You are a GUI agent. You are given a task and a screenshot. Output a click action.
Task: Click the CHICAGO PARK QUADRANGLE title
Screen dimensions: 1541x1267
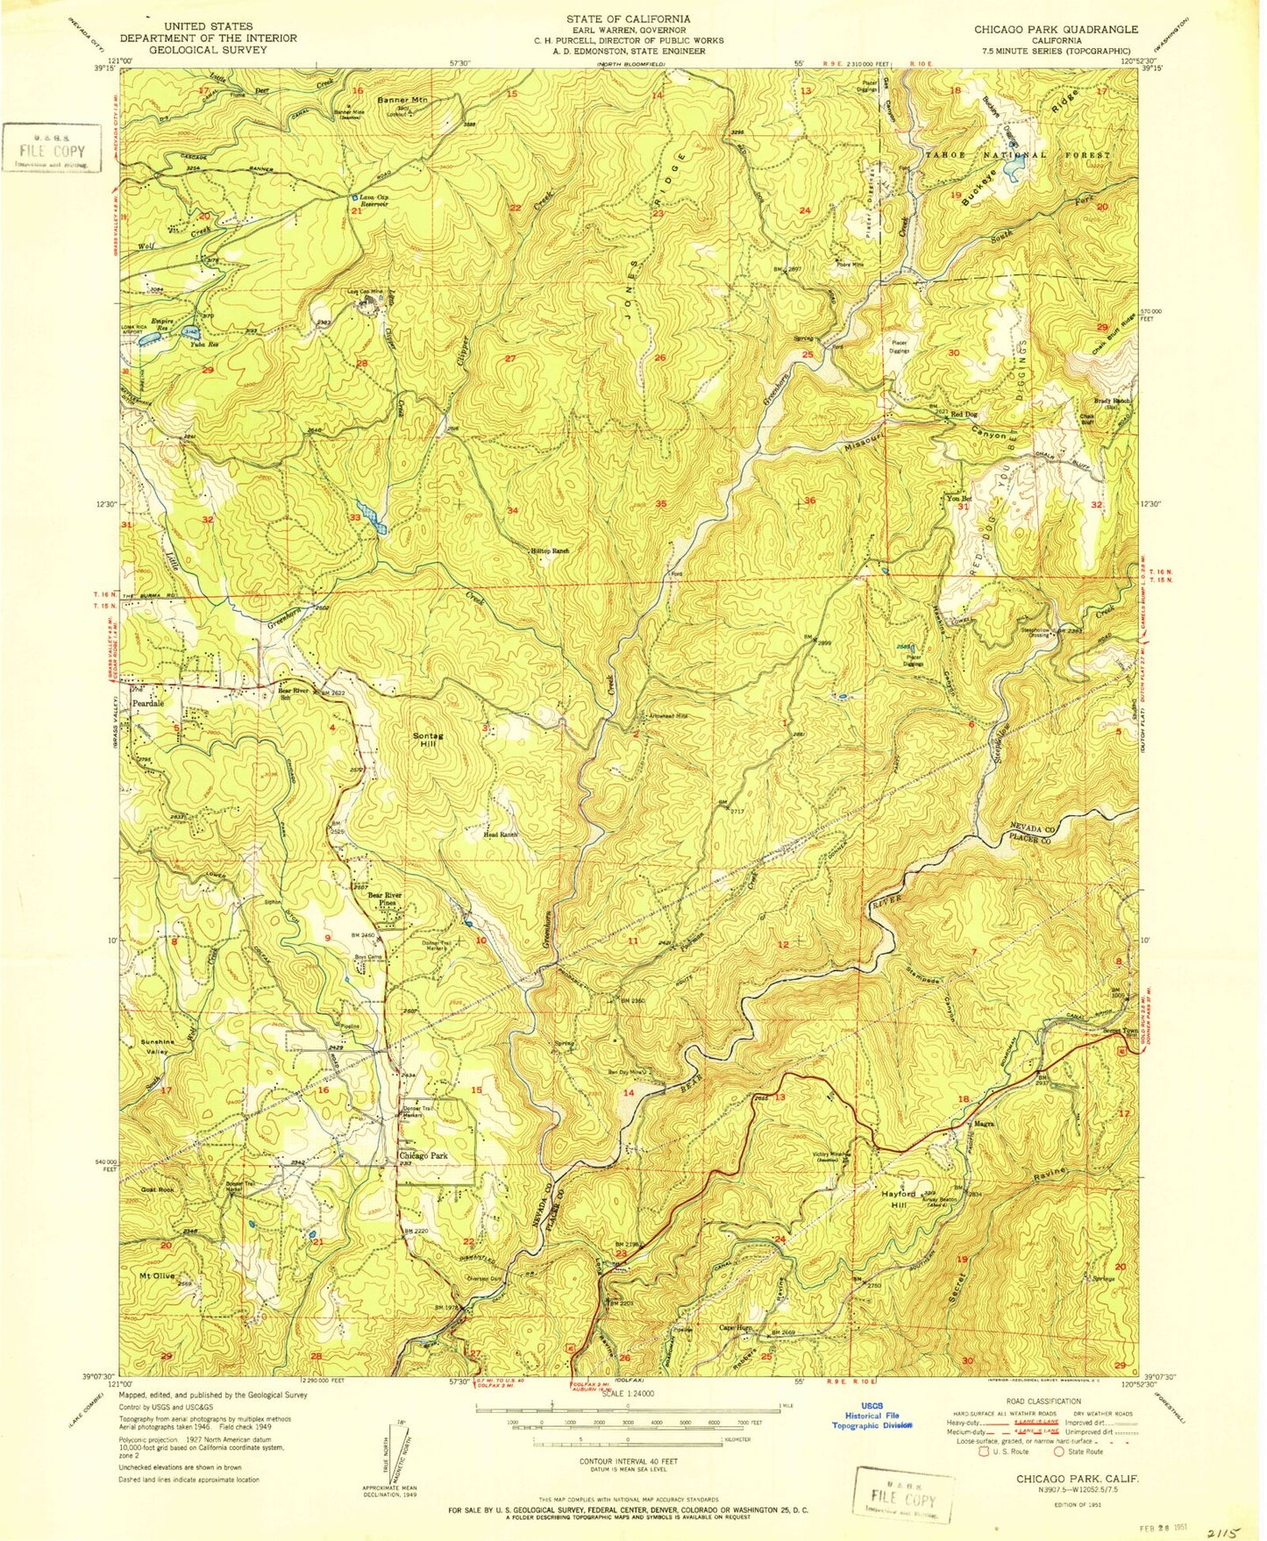pyautogui.click(x=1056, y=29)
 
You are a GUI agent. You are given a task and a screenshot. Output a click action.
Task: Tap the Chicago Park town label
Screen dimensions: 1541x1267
pyautogui.click(x=424, y=1156)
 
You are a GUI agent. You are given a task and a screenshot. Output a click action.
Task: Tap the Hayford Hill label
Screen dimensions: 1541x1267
pyautogui.click(x=899, y=1199)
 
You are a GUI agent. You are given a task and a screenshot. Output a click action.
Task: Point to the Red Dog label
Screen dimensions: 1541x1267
pyautogui.click(x=963, y=414)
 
